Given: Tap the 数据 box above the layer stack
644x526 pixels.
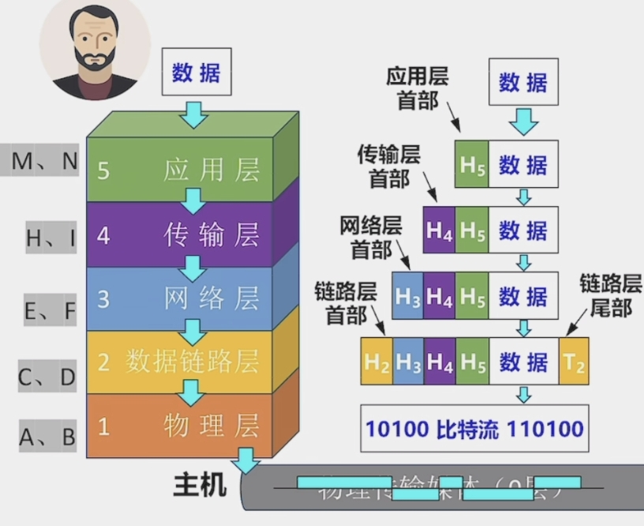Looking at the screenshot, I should [197, 73].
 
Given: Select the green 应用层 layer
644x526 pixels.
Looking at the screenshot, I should [180, 169].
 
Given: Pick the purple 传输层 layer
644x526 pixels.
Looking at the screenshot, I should [180, 235].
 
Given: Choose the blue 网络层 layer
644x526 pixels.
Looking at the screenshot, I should [180, 298].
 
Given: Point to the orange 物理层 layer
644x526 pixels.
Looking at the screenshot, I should [180, 426].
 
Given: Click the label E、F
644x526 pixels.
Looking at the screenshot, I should [51, 311].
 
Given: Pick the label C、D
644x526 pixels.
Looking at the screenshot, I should [48, 378].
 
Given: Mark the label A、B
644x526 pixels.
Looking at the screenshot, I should [48, 436].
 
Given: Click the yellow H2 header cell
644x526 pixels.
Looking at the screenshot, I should [377, 362].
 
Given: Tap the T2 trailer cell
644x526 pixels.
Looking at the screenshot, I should [573, 362].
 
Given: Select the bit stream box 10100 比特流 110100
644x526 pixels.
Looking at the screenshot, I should [474, 430].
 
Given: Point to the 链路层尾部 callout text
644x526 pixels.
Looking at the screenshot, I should [611, 295].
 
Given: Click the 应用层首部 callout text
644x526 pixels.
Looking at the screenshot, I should [417, 88].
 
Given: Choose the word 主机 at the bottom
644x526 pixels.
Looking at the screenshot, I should [199, 484].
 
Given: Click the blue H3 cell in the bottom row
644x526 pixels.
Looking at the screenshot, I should [409, 362].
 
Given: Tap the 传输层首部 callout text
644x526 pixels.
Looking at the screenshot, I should [389, 165].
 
